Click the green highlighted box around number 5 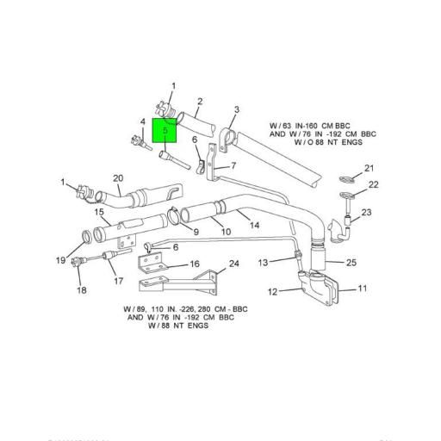point(164,130)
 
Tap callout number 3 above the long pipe point(238,110)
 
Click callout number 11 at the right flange point(363,289)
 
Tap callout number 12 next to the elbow point(272,292)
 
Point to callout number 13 point(264,261)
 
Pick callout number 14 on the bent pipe point(255,225)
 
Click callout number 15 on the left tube point(99,212)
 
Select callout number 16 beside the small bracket point(195,264)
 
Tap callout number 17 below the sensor point(118,281)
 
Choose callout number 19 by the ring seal point(61,259)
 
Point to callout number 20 point(118,179)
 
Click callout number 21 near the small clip point(369,168)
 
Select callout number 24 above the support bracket point(233,264)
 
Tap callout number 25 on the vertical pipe point(351,262)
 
